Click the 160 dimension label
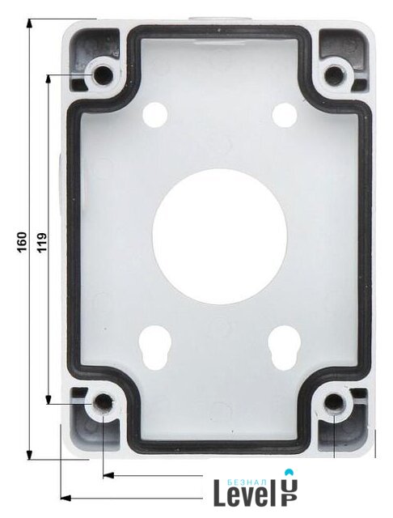22,243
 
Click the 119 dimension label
42,243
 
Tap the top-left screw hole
104,75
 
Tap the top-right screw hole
334,75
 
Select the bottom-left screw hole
104,403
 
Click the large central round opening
219,236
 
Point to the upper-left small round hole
154,115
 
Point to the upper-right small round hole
284,115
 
